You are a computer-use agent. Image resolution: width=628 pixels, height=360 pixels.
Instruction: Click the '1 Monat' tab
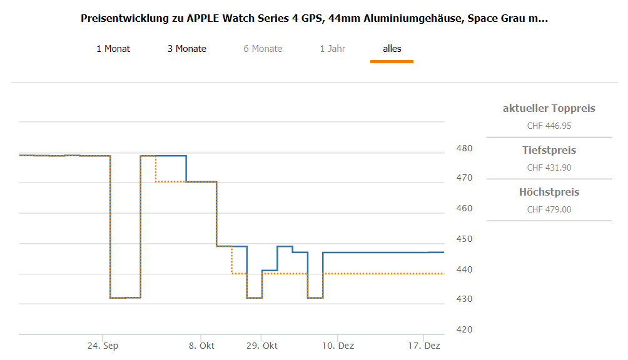tap(113, 49)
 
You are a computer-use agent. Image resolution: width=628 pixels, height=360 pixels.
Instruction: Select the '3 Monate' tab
tap(186, 49)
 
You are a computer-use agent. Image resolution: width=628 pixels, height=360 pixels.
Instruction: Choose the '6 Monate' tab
tap(263, 49)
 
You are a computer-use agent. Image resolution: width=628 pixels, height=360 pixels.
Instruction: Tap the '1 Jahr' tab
tap(332, 49)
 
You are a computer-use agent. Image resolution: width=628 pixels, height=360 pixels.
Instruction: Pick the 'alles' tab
tap(392, 49)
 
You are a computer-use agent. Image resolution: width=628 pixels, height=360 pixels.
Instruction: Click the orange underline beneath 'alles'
tap(392, 61)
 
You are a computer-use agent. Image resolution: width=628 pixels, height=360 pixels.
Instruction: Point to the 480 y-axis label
tap(465, 148)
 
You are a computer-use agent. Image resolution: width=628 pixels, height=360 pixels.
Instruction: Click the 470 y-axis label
tap(465, 178)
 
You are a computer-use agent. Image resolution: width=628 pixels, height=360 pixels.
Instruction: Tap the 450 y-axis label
tap(465, 239)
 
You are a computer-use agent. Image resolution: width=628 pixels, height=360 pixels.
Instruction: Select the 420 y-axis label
tap(465, 329)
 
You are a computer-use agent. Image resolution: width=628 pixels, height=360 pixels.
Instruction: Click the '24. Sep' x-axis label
tap(103, 346)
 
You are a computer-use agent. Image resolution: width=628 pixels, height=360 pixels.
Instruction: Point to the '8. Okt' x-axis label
tap(201, 346)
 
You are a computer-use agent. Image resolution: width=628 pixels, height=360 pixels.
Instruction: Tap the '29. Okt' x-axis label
tap(261, 346)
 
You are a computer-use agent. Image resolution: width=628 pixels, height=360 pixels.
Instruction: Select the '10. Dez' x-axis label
tap(338, 346)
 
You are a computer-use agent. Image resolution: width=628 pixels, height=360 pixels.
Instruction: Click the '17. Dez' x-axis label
tap(424, 346)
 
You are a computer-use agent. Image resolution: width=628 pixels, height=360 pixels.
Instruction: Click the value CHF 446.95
tap(549, 126)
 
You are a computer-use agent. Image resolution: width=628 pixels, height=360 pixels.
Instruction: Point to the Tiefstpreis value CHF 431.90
tap(549, 167)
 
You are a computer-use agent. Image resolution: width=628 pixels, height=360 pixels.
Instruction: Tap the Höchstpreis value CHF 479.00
tap(549, 209)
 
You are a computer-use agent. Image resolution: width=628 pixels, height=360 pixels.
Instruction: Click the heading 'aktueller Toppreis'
tap(549, 109)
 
